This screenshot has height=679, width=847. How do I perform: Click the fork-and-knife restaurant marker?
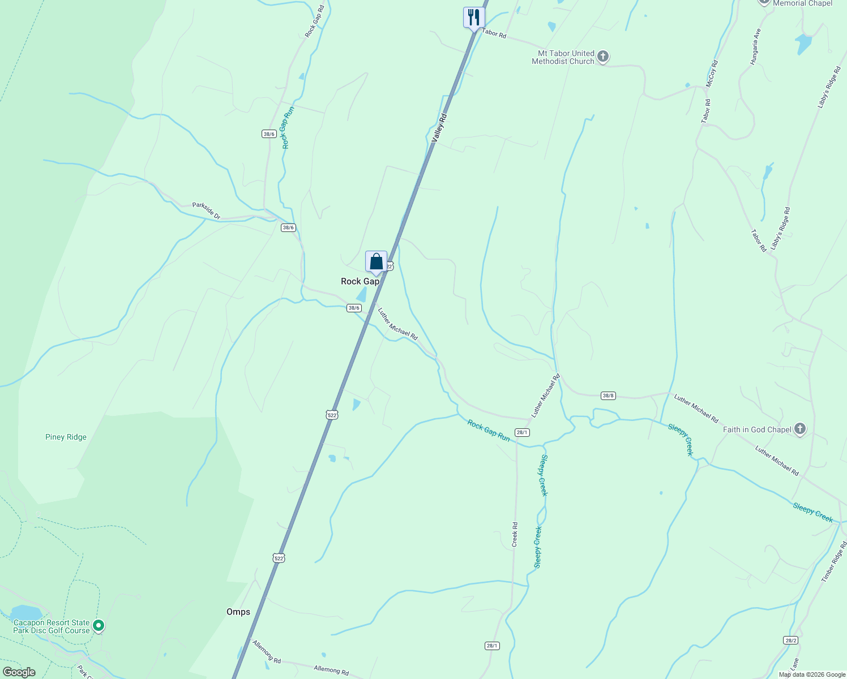474,17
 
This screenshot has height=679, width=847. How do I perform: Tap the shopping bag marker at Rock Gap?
376,262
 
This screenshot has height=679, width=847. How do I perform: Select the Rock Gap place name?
360,281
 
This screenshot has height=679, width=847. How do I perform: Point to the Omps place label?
238,612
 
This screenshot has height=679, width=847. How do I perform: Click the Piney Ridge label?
66,437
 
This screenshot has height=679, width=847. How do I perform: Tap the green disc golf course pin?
99,625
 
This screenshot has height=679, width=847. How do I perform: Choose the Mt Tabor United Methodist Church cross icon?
603,56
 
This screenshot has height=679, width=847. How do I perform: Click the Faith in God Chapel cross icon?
799,429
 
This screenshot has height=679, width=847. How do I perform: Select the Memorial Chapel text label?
802,3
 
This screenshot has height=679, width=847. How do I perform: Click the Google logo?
19,672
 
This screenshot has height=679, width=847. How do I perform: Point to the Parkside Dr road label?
206,210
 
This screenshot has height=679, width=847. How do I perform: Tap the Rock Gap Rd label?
314,22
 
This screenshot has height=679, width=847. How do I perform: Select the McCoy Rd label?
712,74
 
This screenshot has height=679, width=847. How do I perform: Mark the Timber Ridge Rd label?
833,561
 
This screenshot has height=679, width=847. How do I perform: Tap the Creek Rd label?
515,534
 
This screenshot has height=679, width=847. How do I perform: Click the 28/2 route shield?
791,640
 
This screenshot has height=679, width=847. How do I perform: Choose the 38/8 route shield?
608,396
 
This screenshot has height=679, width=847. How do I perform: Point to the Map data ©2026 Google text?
812,674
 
